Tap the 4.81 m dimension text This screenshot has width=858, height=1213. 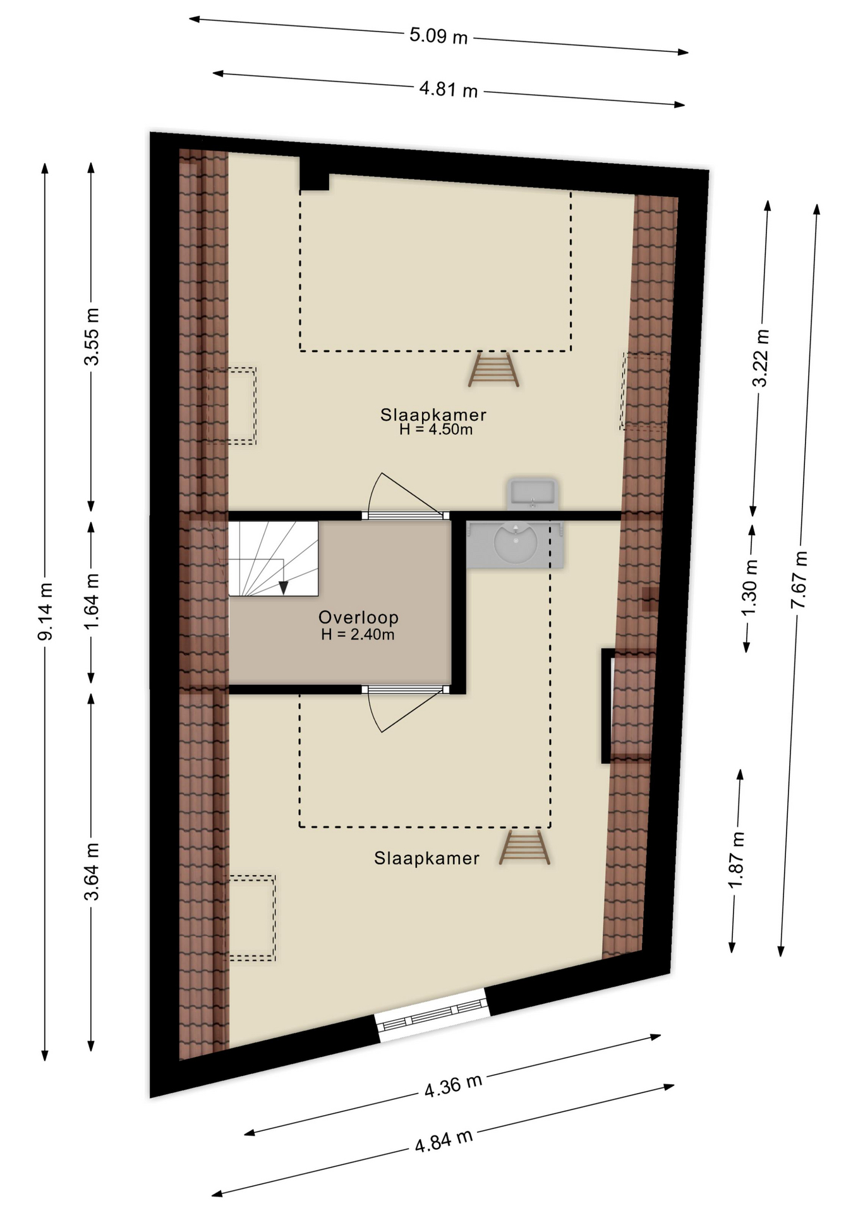tap(448, 89)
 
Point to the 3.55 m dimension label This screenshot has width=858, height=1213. tap(92, 337)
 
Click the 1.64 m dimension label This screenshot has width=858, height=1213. tap(92, 601)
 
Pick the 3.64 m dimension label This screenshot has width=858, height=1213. tap(92, 871)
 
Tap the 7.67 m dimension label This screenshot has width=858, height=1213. tap(799, 580)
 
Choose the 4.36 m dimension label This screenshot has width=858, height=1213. tap(453, 1085)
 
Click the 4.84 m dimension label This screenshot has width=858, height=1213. tap(444, 1141)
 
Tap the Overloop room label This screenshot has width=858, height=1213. tap(358, 617)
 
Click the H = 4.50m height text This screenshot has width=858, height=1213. tap(436, 430)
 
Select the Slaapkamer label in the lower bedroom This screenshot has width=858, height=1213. tap(426, 858)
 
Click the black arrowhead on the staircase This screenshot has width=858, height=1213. tap(284, 588)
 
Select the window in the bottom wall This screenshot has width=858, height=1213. tap(433, 1015)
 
